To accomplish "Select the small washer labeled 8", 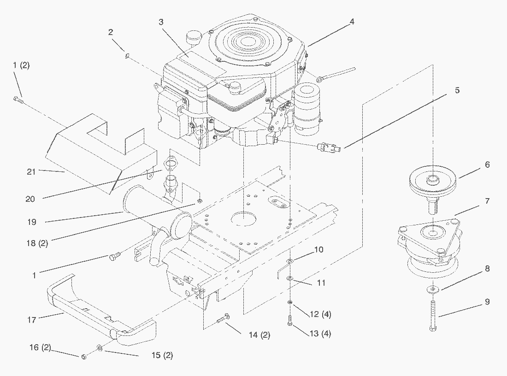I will (433, 289).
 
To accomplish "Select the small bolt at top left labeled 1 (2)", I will (17, 98).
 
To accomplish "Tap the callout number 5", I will (457, 91).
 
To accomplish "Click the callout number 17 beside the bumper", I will (31, 319).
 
